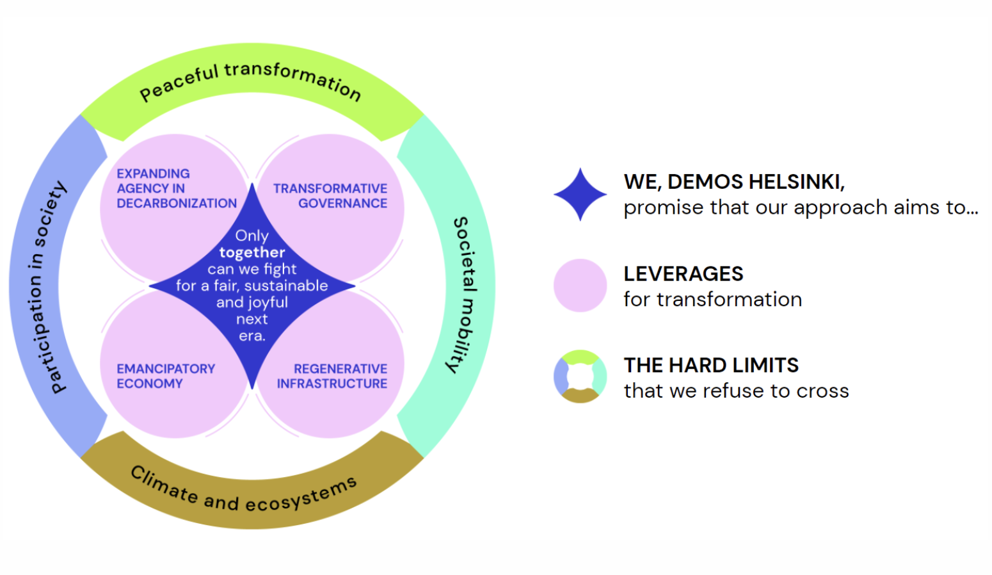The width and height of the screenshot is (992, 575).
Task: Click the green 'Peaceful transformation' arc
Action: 251,83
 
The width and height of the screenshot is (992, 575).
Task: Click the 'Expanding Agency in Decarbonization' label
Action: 176,188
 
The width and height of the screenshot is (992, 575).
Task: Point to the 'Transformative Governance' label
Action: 330,196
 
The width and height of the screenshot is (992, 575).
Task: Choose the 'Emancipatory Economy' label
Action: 165,376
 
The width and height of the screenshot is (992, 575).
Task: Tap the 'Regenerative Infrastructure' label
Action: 332,376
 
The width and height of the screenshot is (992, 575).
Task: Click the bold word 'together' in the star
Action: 252,252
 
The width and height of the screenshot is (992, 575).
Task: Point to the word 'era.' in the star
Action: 252,336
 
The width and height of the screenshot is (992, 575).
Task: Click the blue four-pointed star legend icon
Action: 580,195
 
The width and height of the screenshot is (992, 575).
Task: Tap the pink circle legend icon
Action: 580,286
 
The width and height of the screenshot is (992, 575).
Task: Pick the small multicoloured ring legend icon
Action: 580,377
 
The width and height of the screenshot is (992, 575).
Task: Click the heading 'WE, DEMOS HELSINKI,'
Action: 734,182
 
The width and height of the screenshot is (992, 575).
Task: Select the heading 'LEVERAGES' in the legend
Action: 683,274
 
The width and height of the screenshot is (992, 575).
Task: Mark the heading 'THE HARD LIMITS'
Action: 710,365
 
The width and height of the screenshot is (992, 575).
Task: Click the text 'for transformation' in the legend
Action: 712,300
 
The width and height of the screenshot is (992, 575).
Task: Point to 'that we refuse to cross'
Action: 736,391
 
